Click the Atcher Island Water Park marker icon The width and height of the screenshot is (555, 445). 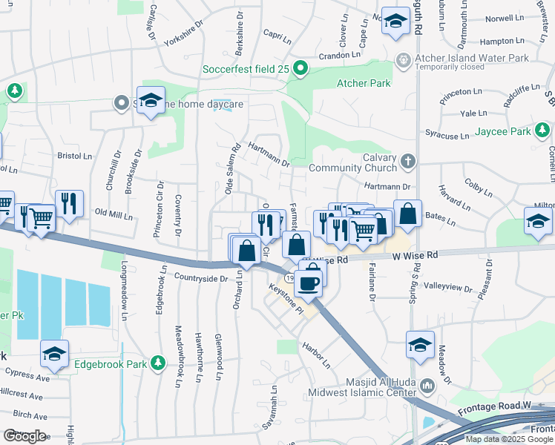(403, 59)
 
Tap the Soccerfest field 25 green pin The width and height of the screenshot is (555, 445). (301, 70)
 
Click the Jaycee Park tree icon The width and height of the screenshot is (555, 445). (543, 132)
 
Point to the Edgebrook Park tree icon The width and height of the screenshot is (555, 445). (157, 363)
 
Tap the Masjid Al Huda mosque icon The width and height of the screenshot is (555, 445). (427, 385)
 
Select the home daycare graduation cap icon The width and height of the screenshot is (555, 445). (151, 102)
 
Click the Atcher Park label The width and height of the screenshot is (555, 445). (364, 83)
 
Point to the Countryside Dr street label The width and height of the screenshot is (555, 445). (200, 278)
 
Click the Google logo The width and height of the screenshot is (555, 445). (24, 435)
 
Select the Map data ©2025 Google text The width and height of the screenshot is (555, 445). (508, 438)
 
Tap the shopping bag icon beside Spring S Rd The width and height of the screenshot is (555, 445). (407, 214)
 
